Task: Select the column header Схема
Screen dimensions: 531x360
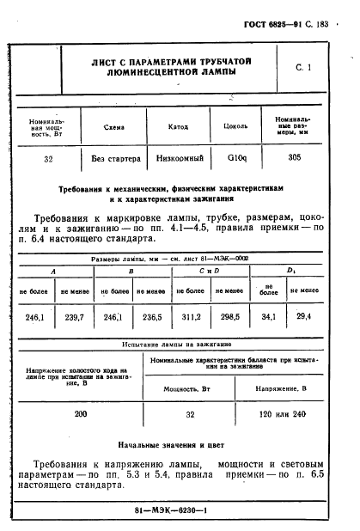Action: tap(113, 126)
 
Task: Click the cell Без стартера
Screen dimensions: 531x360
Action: tap(113, 158)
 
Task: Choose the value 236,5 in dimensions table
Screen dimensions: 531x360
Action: tap(154, 317)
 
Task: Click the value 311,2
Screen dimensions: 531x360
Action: tap(193, 317)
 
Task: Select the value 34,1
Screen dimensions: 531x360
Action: tap(269, 317)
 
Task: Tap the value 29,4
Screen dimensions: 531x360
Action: tap(304, 317)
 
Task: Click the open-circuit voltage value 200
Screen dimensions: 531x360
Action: tap(81, 413)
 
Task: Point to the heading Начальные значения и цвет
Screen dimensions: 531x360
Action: tap(178, 447)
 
